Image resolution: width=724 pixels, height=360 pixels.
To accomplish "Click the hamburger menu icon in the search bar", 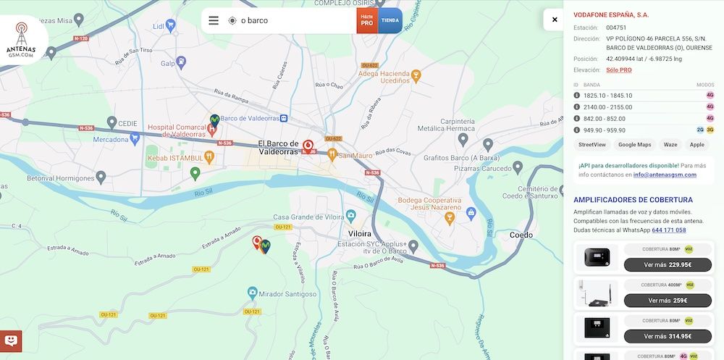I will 214,20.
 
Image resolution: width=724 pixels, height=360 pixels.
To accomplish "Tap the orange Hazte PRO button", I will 367,20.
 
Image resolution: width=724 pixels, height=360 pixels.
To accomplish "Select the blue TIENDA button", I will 390,20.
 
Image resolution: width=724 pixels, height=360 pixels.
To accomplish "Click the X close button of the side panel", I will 555,20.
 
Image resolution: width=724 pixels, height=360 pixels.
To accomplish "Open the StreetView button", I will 592,145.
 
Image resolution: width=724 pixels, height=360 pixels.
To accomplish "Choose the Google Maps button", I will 634,145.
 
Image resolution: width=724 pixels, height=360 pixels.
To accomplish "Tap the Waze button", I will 670,145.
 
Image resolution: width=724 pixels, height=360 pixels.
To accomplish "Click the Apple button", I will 696,145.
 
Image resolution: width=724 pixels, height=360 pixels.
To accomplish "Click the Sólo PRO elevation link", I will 619,70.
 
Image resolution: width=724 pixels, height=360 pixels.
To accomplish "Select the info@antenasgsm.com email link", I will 665,175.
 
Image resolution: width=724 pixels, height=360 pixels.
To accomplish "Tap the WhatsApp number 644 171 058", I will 668,230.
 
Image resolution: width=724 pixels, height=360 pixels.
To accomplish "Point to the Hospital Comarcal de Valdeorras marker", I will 212,130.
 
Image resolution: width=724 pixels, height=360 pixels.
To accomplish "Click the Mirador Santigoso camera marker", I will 252,293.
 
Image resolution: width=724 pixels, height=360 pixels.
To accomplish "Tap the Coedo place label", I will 521,235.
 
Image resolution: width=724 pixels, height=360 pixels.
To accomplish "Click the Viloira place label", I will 360,234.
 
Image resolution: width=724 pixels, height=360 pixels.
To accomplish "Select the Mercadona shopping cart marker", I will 135,138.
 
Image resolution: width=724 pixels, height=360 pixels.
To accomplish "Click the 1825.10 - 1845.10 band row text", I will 607,96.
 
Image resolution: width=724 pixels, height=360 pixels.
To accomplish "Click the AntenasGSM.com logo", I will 22,39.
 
